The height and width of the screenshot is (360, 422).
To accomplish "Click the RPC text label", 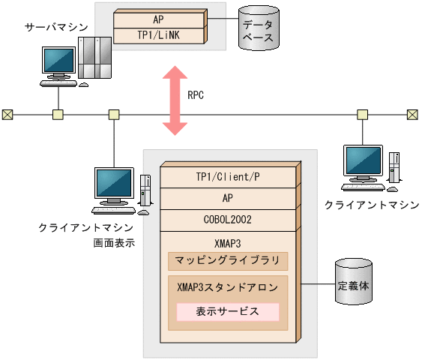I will [x=195, y=96].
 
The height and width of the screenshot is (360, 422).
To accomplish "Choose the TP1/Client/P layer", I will [x=229, y=177].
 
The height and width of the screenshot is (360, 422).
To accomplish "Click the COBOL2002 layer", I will [x=229, y=220].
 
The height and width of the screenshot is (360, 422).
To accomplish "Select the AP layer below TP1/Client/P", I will [x=229, y=199].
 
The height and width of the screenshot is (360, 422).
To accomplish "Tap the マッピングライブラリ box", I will [x=227, y=261].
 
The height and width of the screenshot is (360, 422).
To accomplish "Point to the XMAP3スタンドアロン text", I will [x=227, y=288].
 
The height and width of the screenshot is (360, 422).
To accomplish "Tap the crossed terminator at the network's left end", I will [x=7, y=115].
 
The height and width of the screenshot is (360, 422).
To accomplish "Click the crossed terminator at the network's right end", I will [x=412, y=115].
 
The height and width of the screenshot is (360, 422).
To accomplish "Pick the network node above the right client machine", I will [x=362, y=115].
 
